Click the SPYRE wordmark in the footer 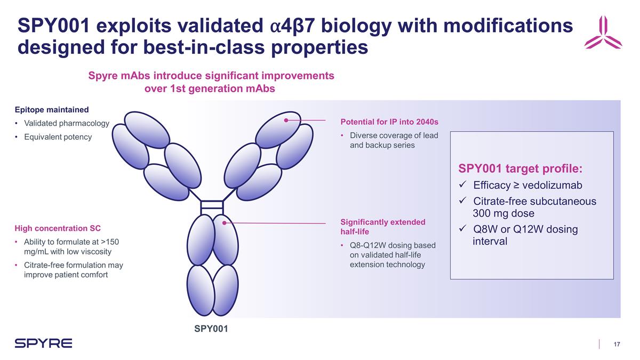click(x=43, y=343)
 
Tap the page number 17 click(x=617, y=344)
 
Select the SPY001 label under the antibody click(x=211, y=329)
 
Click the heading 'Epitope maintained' click(x=51, y=110)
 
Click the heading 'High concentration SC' click(x=58, y=229)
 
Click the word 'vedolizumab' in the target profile click(x=553, y=186)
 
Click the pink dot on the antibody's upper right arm click(x=286, y=121)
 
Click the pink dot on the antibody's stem click(x=225, y=223)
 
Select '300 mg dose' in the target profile click(x=503, y=213)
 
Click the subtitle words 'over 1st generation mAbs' click(x=210, y=89)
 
